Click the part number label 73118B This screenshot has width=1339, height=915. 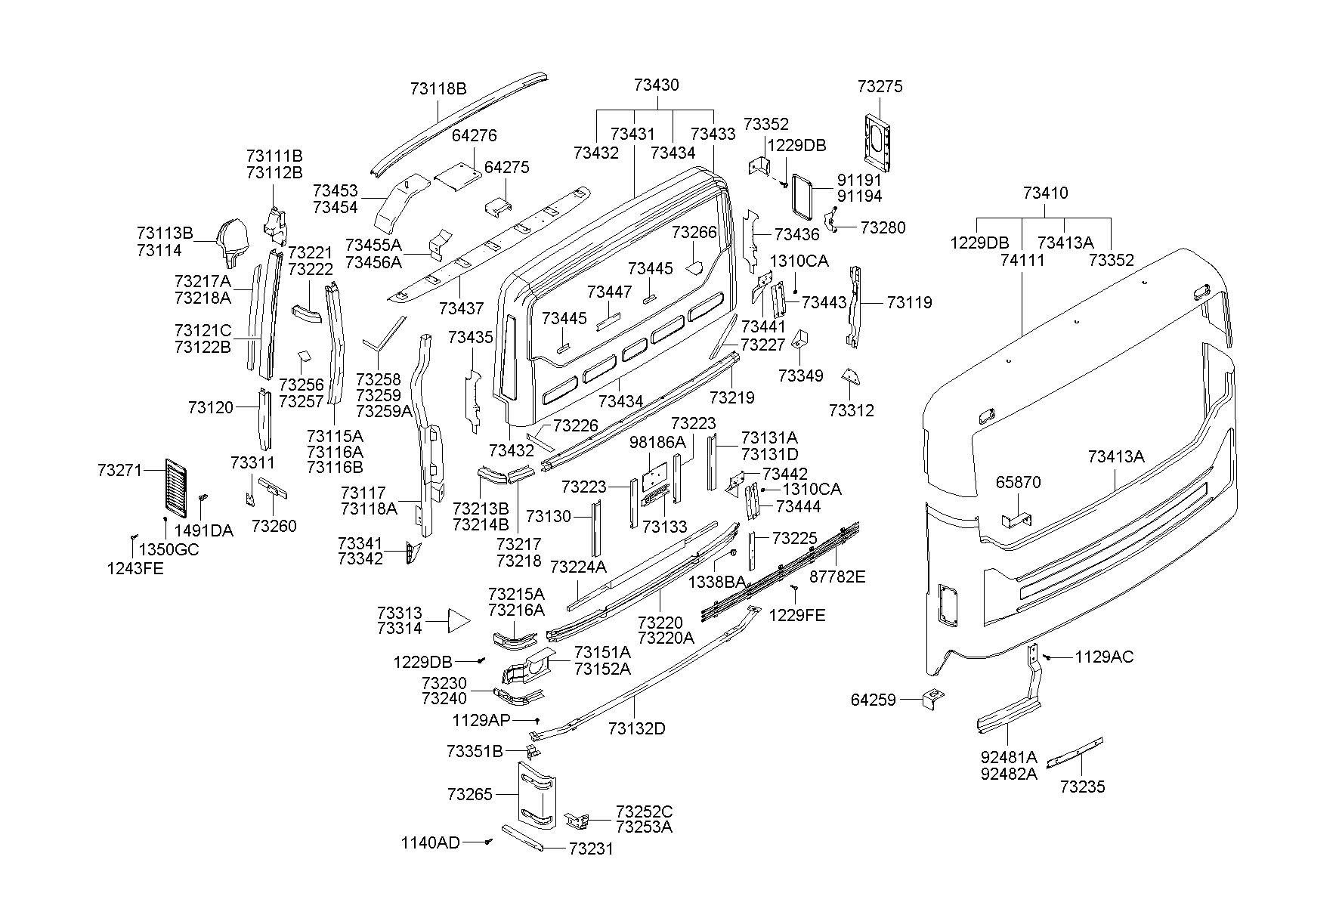[x=438, y=88]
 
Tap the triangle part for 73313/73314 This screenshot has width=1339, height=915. [x=458, y=621]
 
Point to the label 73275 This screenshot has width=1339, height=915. [x=880, y=86]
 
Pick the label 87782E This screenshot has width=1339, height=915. [x=837, y=577]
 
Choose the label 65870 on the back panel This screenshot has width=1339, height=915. [x=1018, y=482]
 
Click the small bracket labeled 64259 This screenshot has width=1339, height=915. [x=934, y=697]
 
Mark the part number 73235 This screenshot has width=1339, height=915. [x=1082, y=787]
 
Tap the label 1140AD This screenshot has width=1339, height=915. [x=430, y=842]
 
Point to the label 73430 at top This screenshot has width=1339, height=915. [x=656, y=85]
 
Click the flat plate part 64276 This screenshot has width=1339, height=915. [x=458, y=174]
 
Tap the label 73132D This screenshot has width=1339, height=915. [x=636, y=728]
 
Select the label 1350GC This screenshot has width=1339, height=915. [x=169, y=549]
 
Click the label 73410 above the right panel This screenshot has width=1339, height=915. [x=1045, y=193]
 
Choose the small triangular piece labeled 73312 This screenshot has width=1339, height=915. [x=850, y=376]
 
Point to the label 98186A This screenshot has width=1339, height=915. [x=657, y=442]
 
